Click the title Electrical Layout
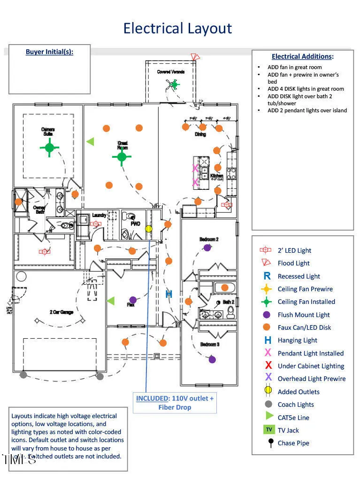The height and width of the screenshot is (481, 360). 177,28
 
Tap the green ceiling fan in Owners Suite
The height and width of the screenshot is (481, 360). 50,147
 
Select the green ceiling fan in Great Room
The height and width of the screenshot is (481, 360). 122,157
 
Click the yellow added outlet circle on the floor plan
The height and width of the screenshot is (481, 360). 149,229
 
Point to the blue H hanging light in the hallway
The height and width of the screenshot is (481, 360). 169,295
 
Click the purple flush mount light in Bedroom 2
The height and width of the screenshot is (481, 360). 207,248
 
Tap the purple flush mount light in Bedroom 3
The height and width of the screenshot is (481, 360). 212,359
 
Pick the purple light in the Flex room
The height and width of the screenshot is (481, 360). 133,300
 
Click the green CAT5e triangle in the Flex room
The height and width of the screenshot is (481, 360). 111,300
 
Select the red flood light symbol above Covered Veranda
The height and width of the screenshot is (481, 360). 195,57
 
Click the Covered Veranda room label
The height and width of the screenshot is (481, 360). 171,72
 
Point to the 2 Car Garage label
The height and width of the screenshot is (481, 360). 61,312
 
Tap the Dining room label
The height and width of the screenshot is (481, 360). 200,134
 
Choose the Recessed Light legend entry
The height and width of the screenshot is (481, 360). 299,276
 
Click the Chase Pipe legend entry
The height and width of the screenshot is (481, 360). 293,443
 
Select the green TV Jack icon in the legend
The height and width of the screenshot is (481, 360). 269,429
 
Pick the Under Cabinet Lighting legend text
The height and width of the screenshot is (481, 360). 311,366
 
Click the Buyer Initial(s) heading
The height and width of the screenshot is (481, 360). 49,52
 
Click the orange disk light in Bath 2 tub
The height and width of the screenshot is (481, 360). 225,287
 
